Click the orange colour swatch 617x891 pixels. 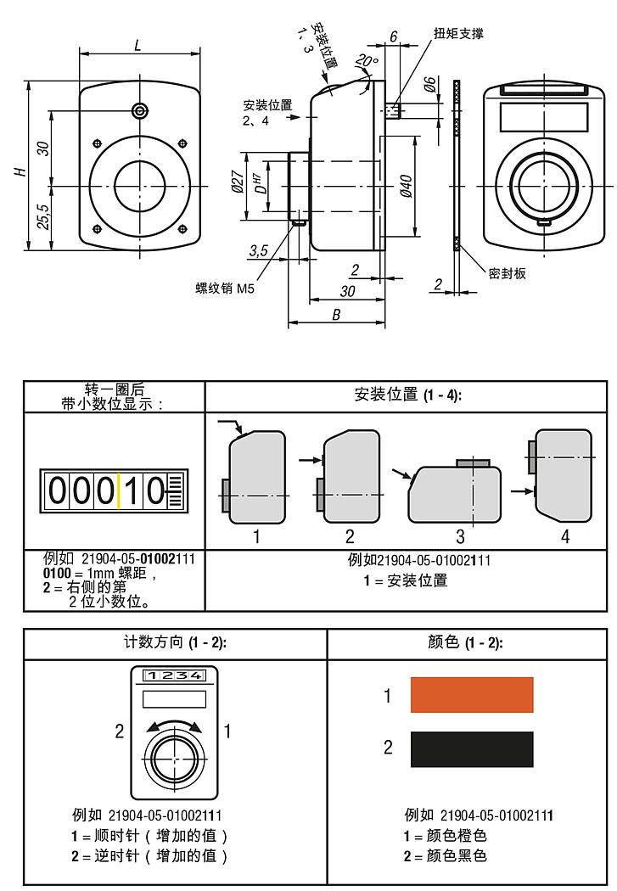(472, 695)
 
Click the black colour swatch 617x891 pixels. (472, 749)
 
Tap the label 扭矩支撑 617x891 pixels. (458, 33)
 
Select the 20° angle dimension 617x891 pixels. (366, 61)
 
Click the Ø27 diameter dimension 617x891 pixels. (238, 184)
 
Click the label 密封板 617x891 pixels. (507, 273)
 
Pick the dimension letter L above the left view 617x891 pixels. (138, 46)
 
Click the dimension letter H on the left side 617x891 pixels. (20, 171)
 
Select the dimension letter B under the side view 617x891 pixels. (336, 314)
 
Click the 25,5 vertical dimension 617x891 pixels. (42, 217)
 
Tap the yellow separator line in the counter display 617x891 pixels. (119, 491)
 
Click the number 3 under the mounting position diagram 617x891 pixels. (460, 536)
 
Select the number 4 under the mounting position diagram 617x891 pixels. (565, 536)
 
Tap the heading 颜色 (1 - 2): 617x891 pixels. (466, 642)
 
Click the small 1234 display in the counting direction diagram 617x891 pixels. (173, 675)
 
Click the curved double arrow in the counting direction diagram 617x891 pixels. (173, 726)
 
